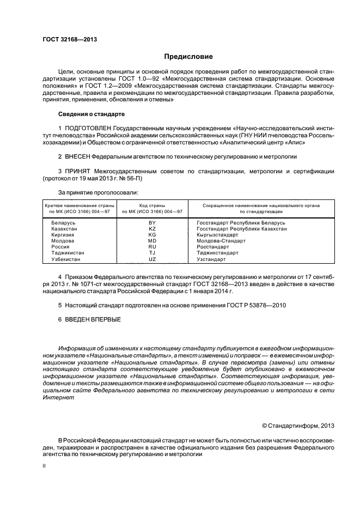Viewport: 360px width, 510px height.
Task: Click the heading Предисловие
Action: coord(188,57)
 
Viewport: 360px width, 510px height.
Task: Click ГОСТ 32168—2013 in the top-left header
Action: coord(66,39)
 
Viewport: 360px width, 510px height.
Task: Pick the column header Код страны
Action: coord(152,205)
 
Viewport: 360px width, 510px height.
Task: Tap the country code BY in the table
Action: coord(152,223)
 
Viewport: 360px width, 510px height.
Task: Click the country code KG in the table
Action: coord(152,235)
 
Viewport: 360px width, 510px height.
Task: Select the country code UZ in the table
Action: coord(152,259)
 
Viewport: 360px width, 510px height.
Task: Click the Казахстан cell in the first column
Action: coord(64,229)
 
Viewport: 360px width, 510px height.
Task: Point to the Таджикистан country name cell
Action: coord(68,253)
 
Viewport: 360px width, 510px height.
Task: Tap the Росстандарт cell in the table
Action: coord(213,247)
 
